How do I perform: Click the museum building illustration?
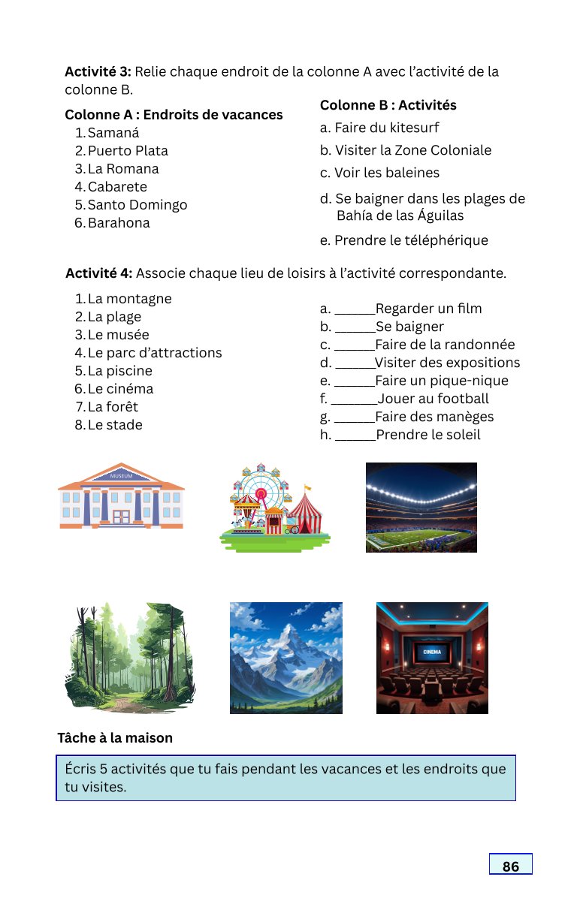[121, 496]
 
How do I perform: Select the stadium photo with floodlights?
[421, 508]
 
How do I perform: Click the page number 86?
[510, 866]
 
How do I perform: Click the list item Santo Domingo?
[137, 205]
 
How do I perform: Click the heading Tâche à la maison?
[115, 738]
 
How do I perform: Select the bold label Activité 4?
[99, 273]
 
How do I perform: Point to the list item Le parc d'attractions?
[154, 353]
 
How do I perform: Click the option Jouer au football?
[433, 399]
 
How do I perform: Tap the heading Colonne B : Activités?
[388, 105]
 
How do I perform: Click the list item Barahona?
[119, 223]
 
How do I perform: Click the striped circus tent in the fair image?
[307, 514]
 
